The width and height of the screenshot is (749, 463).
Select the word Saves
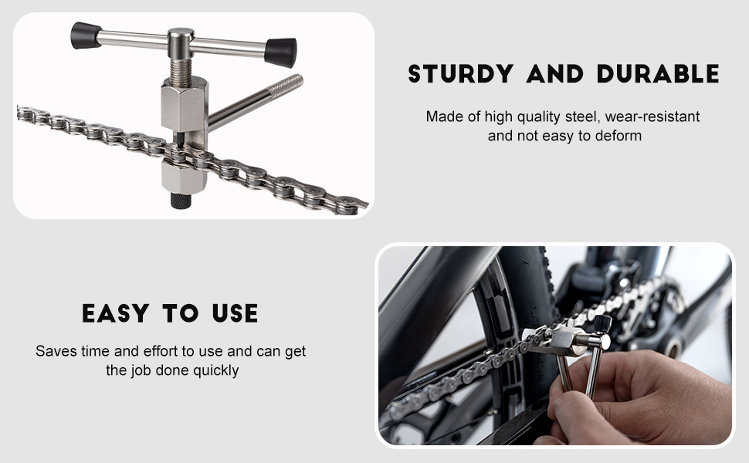(54, 351)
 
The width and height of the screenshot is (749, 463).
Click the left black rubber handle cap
(86, 35)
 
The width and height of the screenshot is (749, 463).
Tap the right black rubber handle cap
(280, 52)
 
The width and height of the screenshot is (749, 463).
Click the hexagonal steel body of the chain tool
(185, 104)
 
